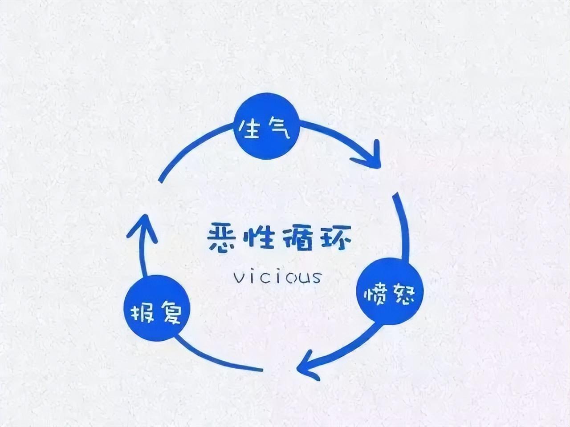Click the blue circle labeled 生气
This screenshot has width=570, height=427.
(267, 126)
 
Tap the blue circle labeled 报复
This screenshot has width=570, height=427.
(157, 308)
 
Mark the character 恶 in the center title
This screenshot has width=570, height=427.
(221, 237)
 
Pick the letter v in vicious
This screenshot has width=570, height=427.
(238, 278)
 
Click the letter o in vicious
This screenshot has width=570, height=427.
(289, 278)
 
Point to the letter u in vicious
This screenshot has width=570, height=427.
(302, 278)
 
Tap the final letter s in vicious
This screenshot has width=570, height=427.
(315, 278)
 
